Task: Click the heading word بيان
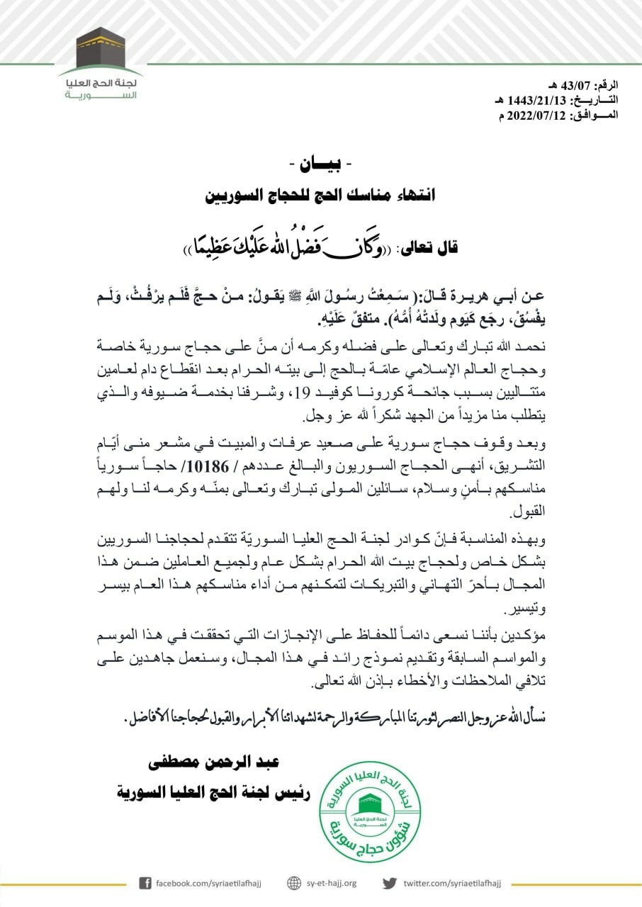[x=322, y=164]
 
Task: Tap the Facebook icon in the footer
[x=145, y=883]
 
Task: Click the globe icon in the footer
[x=295, y=883]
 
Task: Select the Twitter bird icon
[x=390, y=883]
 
